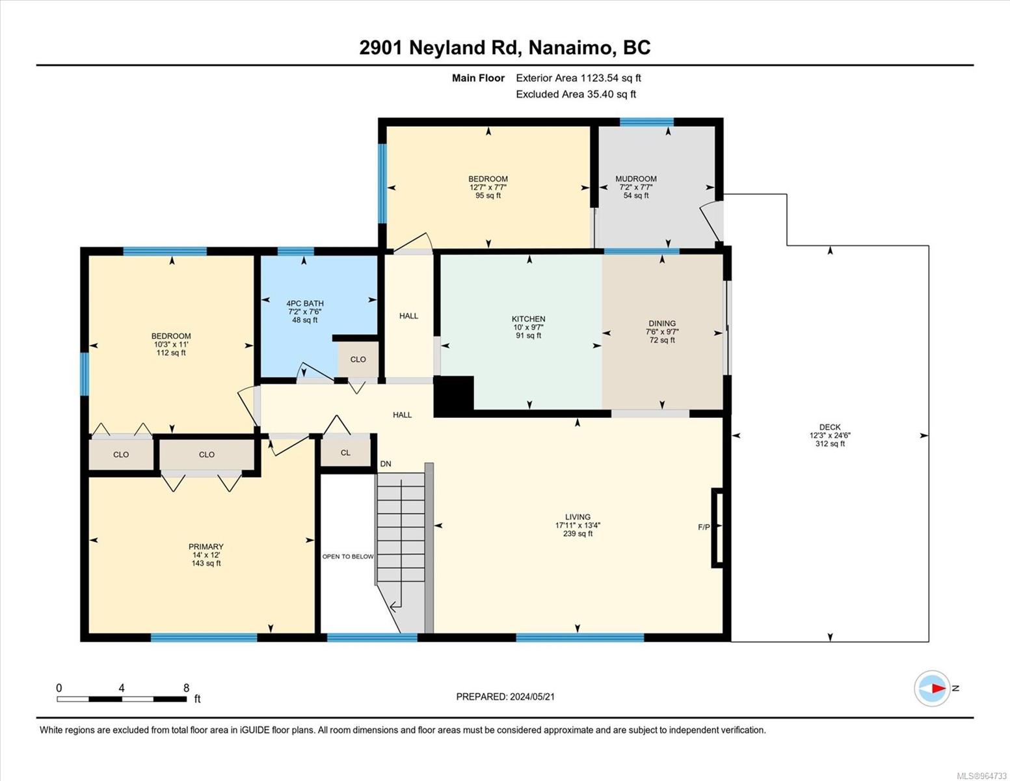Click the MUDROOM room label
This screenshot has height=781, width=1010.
click(x=636, y=178)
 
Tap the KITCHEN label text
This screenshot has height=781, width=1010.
click(x=529, y=319)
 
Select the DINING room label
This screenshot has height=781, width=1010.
click(x=662, y=323)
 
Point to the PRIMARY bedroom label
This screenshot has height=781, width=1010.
click(x=206, y=547)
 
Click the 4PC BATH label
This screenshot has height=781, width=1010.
click(x=305, y=303)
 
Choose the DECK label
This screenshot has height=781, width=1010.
click(x=830, y=426)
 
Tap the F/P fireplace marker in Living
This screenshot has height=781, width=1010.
click(x=704, y=527)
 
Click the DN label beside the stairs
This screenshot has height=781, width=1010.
click(x=386, y=464)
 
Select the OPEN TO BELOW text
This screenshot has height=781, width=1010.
click(x=348, y=556)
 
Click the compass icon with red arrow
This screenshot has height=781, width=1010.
click(x=932, y=689)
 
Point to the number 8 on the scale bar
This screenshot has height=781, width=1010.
click(x=187, y=688)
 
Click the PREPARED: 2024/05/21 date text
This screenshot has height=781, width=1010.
click(x=505, y=697)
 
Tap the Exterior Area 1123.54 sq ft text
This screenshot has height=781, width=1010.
click(x=579, y=78)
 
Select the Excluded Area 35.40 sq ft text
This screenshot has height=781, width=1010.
click(x=576, y=94)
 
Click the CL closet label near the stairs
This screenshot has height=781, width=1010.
click(x=345, y=452)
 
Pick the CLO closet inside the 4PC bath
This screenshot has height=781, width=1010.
click(x=358, y=359)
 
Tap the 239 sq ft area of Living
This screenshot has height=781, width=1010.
click(x=578, y=534)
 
